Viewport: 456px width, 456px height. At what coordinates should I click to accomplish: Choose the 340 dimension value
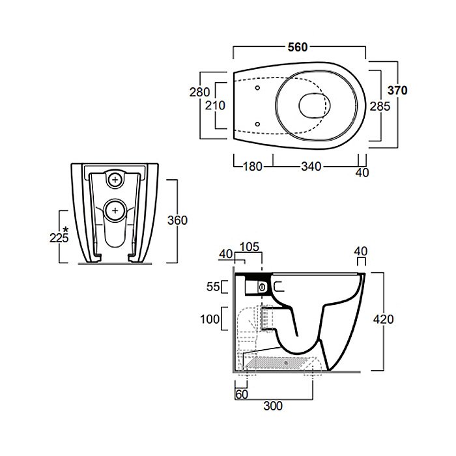[311, 167]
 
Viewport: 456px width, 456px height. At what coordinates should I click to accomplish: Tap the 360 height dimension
[177, 220]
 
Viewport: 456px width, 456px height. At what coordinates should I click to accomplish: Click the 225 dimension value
[59, 238]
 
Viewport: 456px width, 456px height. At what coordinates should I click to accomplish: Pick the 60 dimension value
[240, 393]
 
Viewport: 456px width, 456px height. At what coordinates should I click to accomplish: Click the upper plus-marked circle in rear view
[115, 179]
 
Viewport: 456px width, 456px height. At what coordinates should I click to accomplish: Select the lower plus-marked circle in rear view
[115, 210]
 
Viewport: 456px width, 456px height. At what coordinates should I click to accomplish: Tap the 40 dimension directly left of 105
[226, 253]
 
